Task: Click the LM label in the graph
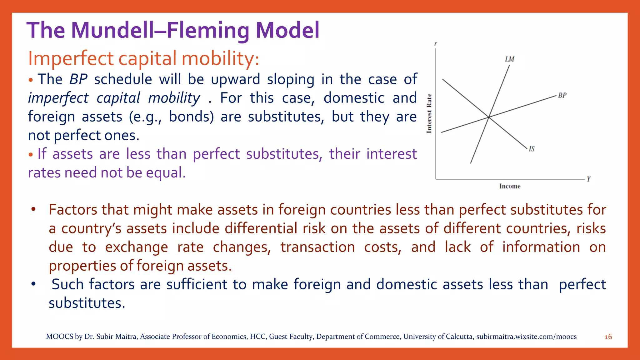pyautogui.click(x=509, y=59)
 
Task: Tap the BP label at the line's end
pyautogui.click(x=562, y=95)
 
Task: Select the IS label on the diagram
pyautogui.click(x=532, y=149)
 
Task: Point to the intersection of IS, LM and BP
pyautogui.click(x=489, y=117)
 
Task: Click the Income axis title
pyautogui.click(x=510, y=186)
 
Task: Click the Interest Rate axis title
pyautogui.click(x=429, y=113)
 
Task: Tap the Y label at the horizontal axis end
pyautogui.click(x=588, y=179)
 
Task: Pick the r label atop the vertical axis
pyautogui.click(x=436, y=44)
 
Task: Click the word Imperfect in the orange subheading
pyautogui.click(x=71, y=58)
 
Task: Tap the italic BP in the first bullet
pyautogui.click(x=78, y=79)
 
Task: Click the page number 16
pyautogui.click(x=608, y=337)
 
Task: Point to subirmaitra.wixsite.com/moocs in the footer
pyautogui.click(x=526, y=337)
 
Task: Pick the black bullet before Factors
pyautogui.click(x=33, y=209)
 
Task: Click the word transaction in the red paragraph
pyautogui.click(x=317, y=247)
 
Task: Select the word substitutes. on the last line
pyautogui.click(x=87, y=303)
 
